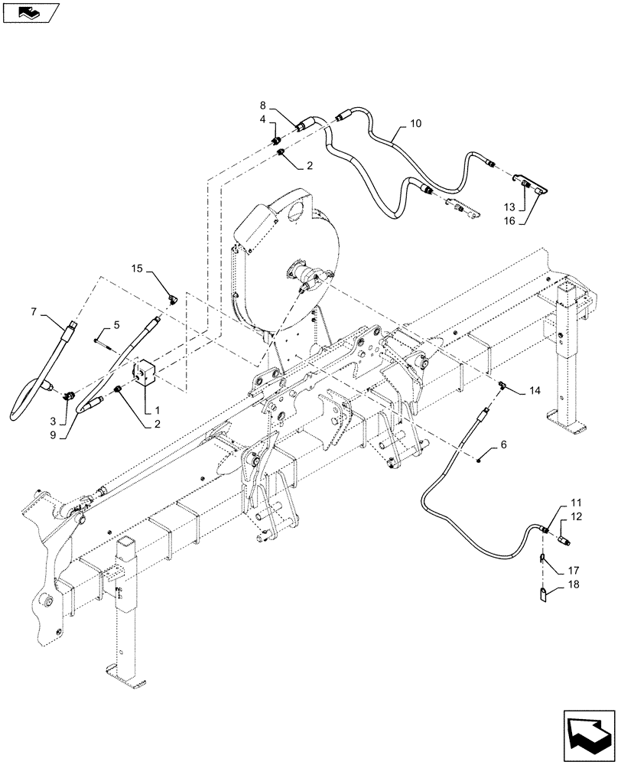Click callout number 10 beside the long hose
point(415,123)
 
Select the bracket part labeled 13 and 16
point(533,183)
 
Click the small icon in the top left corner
point(30,11)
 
